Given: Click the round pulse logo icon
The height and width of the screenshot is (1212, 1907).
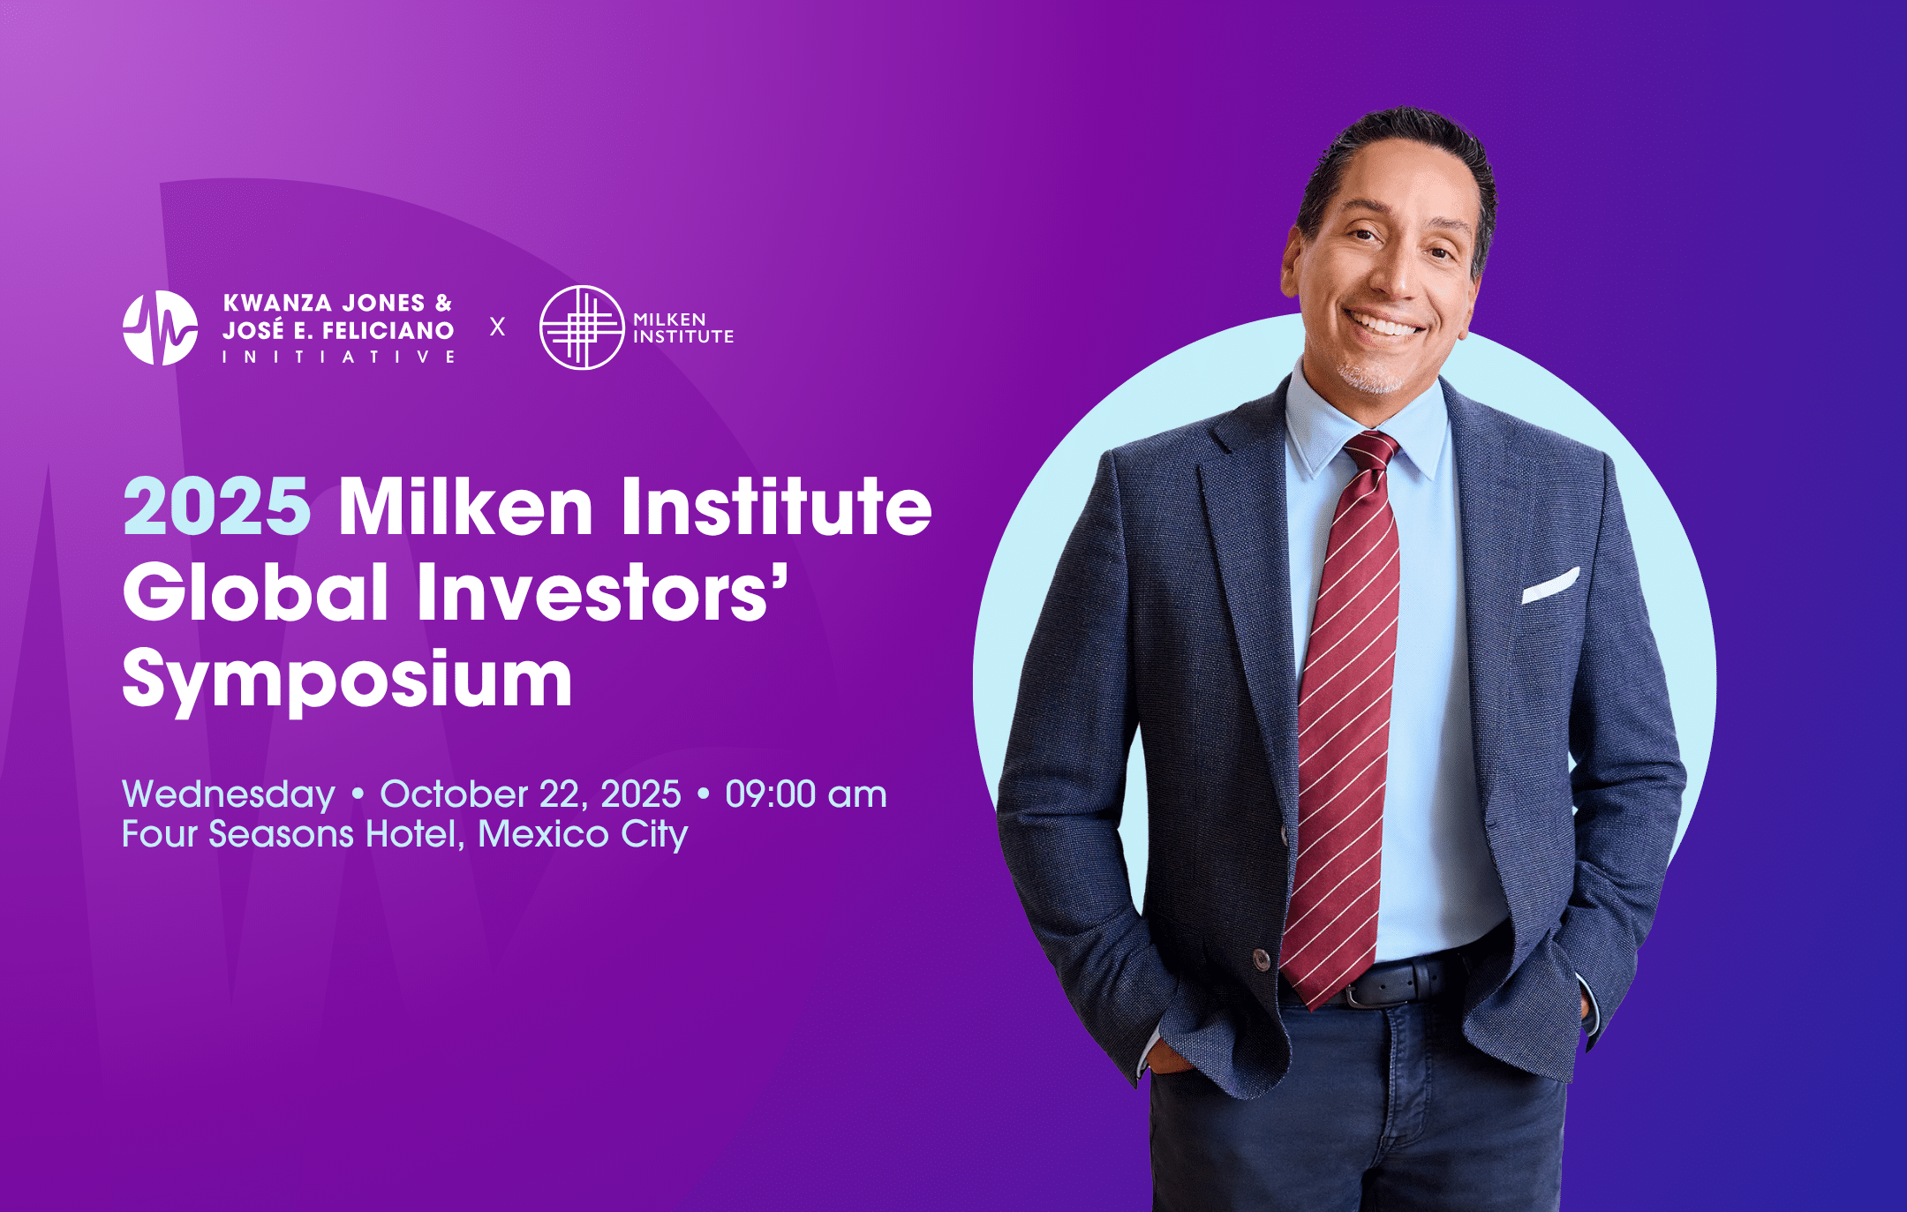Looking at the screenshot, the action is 160,327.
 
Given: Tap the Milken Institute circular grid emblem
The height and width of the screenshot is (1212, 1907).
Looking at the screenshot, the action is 582,327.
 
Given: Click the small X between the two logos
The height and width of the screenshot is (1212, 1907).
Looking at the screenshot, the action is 498,327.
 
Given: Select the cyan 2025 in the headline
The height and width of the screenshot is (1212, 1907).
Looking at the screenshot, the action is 216,507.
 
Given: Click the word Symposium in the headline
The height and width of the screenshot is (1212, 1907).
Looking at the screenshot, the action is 348,681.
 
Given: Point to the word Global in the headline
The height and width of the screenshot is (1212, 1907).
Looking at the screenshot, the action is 256,591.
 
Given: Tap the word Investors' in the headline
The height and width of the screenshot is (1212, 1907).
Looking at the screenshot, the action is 603,591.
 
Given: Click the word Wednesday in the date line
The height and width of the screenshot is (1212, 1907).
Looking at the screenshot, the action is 229,794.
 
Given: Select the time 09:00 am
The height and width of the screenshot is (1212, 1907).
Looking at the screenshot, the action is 806,794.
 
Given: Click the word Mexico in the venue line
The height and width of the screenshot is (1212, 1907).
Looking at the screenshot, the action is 544,834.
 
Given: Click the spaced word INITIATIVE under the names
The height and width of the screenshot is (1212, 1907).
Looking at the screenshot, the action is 339,357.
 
